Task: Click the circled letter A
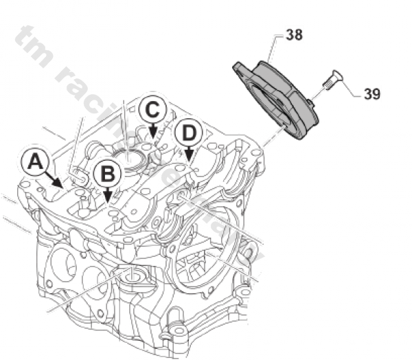point(35,162)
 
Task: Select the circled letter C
point(152,108)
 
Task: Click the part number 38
point(294,34)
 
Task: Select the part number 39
point(372,94)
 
